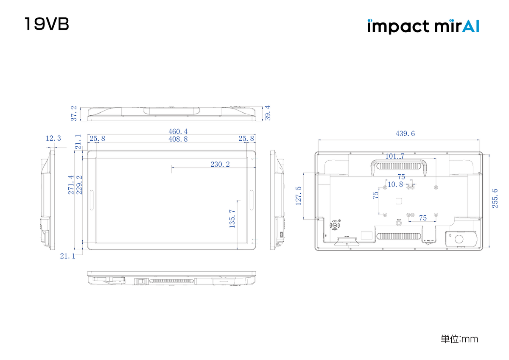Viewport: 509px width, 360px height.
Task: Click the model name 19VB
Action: [x=47, y=24]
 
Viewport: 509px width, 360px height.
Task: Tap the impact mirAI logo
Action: [x=423, y=26]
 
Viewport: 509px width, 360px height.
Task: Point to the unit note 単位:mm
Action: [x=459, y=339]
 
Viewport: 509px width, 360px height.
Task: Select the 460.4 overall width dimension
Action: [x=179, y=132]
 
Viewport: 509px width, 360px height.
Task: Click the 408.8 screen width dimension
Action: [x=178, y=139]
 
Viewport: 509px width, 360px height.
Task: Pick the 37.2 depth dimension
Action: [x=74, y=113]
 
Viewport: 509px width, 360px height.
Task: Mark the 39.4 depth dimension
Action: [x=268, y=113]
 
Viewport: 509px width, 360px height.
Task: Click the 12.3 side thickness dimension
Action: [x=53, y=138]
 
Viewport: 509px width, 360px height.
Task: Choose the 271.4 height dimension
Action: [x=71, y=185]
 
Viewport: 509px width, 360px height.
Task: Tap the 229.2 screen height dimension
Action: [x=79, y=185]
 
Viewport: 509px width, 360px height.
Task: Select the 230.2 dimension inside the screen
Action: [x=220, y=165]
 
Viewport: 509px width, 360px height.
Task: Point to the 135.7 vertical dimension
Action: [x=232, y=219]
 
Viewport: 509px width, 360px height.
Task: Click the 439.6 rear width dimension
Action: [x=405, y=134]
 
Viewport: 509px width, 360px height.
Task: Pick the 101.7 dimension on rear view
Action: [x=394, y=156]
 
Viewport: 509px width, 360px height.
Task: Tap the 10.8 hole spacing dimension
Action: [x=395, y=184]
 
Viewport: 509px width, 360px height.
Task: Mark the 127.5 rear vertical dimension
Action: [x=299, y=195]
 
